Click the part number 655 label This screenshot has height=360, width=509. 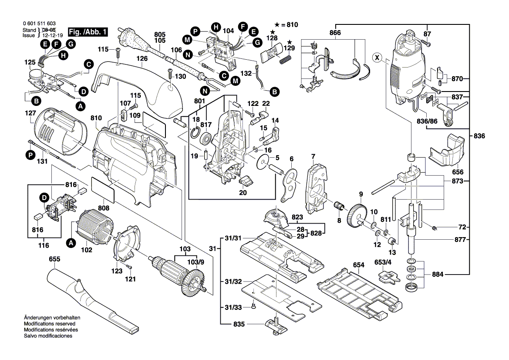54,259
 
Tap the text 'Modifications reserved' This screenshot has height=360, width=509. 49,324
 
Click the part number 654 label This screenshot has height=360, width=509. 358,265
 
